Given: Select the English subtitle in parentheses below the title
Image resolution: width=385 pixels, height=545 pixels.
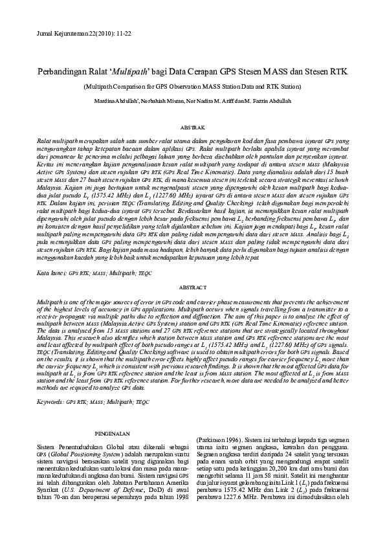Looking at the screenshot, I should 192,85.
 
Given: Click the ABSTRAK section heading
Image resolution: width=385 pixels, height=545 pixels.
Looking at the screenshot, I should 192,129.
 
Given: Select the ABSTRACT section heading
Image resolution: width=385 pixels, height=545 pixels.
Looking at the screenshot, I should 192,287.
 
